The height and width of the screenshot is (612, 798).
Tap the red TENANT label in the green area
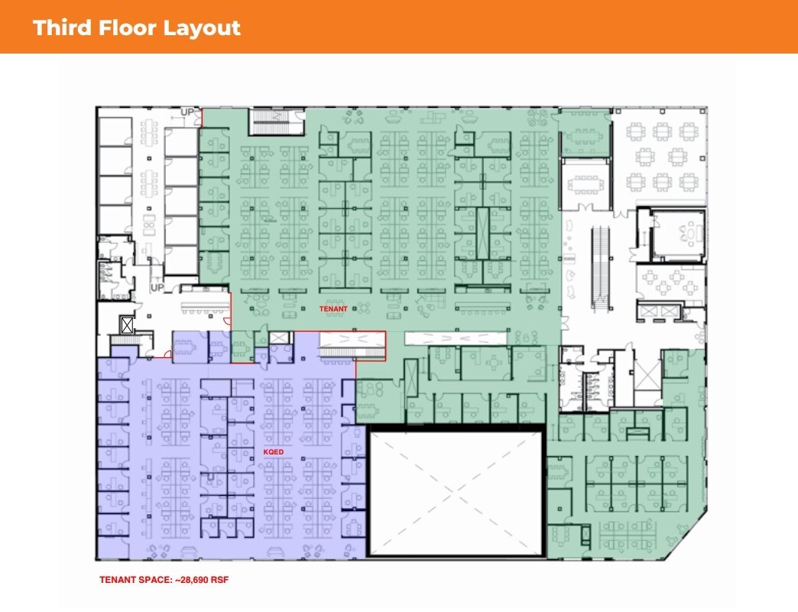point(333,309)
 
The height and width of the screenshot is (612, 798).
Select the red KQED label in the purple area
point(274,452)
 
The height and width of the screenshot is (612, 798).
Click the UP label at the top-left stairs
point(187,112)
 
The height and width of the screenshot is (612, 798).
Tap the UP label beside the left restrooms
point(157,288)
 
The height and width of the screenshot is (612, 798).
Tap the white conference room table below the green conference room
point(586,184)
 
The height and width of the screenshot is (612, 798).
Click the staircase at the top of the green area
point(270,121)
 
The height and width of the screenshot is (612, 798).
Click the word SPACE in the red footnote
point(148,580)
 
